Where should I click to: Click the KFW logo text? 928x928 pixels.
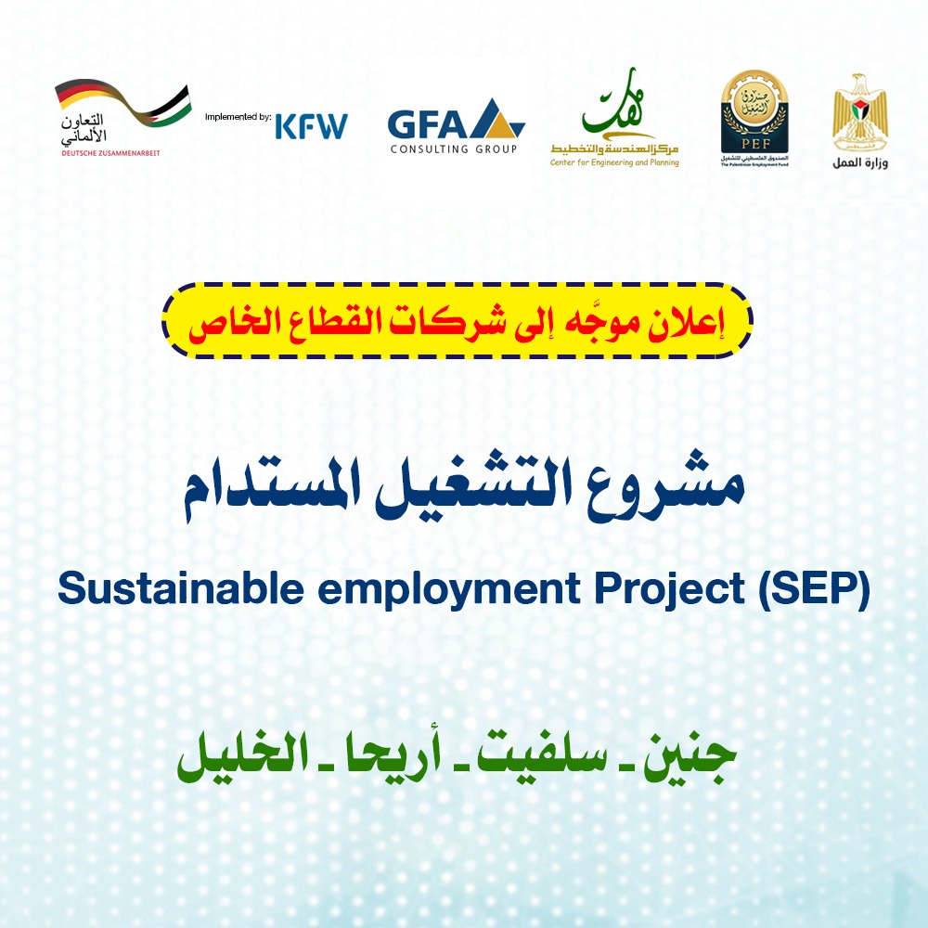(311, 124)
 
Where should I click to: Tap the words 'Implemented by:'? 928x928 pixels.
(237, 118)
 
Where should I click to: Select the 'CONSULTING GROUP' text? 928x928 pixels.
(453, 148)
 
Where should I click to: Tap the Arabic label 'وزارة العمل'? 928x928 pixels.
(858, 163)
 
